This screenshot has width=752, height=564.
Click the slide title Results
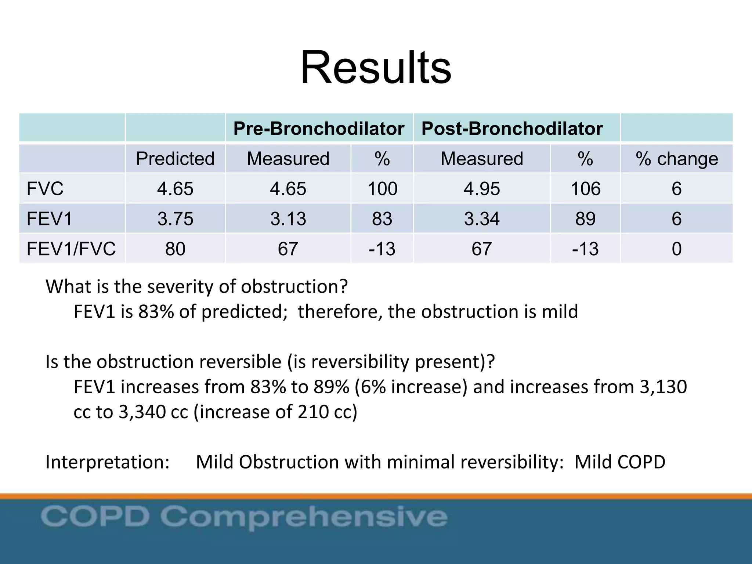(376, 68)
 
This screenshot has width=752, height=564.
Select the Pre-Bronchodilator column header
(319, 129)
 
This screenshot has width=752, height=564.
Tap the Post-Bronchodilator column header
(512, 129)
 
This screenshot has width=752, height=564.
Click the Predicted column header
(175, 159)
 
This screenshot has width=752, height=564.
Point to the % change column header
(677, 159)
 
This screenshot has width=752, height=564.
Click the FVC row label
(45, 189)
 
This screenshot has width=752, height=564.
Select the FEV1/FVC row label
(71, 249)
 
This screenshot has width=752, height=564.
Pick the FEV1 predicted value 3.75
(175, 219)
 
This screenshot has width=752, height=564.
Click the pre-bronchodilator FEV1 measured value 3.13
(288, 219)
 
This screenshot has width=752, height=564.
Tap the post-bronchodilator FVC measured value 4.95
(481, 189)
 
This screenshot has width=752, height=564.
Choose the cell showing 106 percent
(585, 189)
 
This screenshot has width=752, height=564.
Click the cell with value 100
(382, 189)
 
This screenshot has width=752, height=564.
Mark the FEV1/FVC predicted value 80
(175, 249)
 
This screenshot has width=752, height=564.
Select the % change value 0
(677, 249)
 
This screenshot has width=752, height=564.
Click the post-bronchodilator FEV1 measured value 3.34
(481, 219)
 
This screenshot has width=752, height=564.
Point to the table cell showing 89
(585, 219)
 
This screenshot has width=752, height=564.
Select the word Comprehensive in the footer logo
(304, 517)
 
